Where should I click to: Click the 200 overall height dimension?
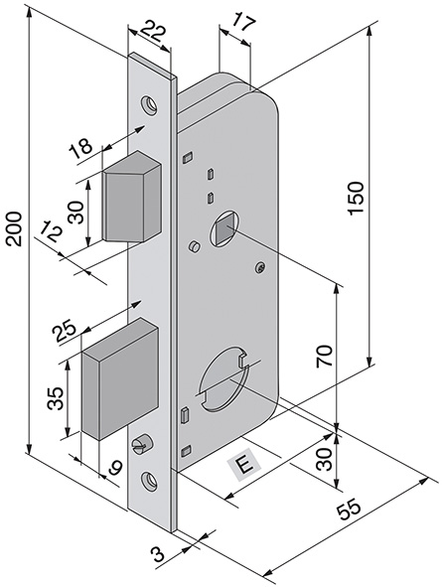coord(14,228)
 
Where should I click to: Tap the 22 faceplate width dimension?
coord(152,31)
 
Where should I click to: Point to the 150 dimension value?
coord(356,198)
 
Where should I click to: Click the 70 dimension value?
coord(324,356)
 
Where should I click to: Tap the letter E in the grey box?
coord(244,466)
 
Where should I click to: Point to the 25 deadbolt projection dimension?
coord(65,331)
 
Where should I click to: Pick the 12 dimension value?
coord(52,231)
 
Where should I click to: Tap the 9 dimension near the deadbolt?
coord(114,467)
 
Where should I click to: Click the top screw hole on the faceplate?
coord(148,104)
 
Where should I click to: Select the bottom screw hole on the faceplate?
coord(148,480)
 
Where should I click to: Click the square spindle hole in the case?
coord(223,228)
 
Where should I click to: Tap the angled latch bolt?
coord(132,197)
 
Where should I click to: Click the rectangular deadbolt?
coord(120,378)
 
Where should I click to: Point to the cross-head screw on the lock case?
coord(261,267)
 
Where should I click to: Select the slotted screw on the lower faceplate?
coord(140,444)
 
